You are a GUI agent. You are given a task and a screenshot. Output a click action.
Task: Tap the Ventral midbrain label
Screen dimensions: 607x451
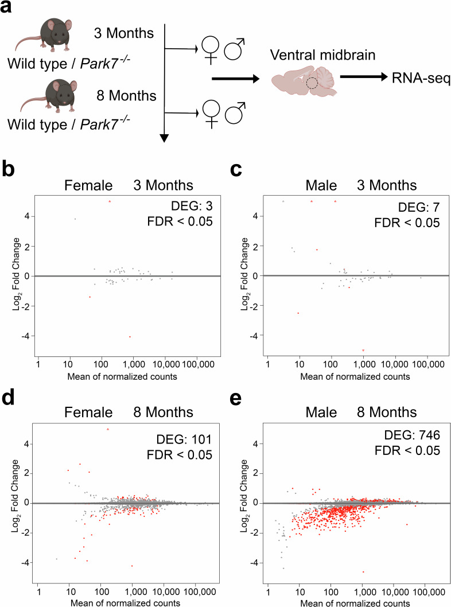(x=313, y=55)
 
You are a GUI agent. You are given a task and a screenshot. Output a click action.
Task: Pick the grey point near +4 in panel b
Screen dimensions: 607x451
(x=75, y=219)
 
